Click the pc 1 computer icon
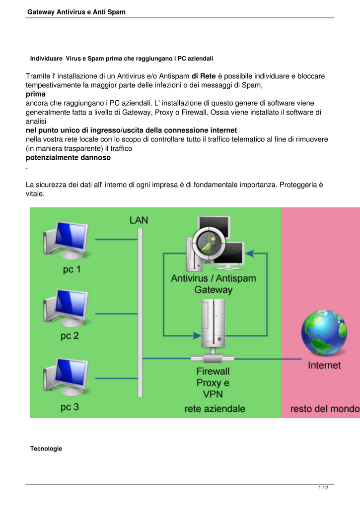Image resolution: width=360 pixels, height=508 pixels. pyautogui.click(x=66, y=240)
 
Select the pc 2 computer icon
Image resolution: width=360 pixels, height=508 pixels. pyautogui.click(x=66, y=308)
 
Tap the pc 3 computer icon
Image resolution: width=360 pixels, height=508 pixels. pyautogui.click(x=66, y=377)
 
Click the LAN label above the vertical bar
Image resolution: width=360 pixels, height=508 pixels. pyautogui.click(x=139, y=220)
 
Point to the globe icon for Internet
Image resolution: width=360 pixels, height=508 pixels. pyautogui.click(x=324, y=332)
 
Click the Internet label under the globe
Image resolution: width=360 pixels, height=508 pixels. pyautogui.click(x=324, y=366)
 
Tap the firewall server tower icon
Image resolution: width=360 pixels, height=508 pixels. pyautogui.click(x=213, y=323)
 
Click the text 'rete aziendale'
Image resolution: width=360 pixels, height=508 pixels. pyautogui.click(x=215, y=409)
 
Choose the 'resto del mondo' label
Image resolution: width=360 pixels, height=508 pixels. pyautogui.click(x=325, y=409)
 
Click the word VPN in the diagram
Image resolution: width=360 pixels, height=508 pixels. pyautogui.click(x=213, y=394)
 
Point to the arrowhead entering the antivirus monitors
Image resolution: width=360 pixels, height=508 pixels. pyautogui.click(x=249, y=254)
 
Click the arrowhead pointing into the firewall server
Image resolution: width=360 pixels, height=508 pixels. pyautogui.click(x=197, y=336)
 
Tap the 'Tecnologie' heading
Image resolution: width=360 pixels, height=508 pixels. pyautogui.click(x=46, y=448)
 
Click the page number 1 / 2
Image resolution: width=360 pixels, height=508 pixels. pyautogui.click(x=323, y=488)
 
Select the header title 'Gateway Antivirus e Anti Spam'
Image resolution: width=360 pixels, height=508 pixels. pyautogui.click(x=76, y=12)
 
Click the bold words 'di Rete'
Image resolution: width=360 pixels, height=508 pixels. pyautogui.click(x=204, y=76)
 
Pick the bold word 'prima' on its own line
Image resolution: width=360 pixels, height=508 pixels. pyautogui.click(x=36, y=94)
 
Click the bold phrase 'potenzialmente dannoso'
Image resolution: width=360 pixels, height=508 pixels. pyautogui.click(x=68, y=158)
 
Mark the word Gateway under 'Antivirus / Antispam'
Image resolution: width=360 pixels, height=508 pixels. pyautogui.click(x=214, y=290)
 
